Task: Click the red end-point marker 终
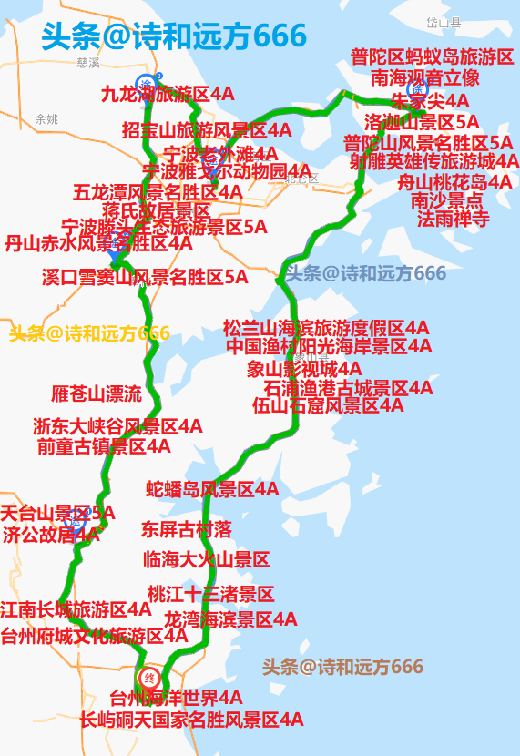click(150, 679)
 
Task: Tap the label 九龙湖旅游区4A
click(168, 94)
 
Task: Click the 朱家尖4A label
click(430, 100)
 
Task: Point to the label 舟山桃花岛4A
click(454, 182)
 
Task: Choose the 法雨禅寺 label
click(454, 220)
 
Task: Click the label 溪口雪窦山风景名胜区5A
click(145, 278)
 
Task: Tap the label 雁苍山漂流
click(97, 394)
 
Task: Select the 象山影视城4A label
click(304, 369)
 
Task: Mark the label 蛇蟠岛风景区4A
click(212, 490)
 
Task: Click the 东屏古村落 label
click(187, 529)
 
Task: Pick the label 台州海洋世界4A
click(177, 699)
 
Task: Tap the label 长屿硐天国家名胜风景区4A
click(191, 720)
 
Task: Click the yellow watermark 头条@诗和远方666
click(89, 333)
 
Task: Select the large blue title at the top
click(174, 36)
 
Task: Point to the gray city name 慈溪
click(88, 64)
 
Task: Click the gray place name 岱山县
click(444, 23)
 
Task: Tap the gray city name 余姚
click(46, 119)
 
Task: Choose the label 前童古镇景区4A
click(104, 446)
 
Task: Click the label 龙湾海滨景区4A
click(230, 620)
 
